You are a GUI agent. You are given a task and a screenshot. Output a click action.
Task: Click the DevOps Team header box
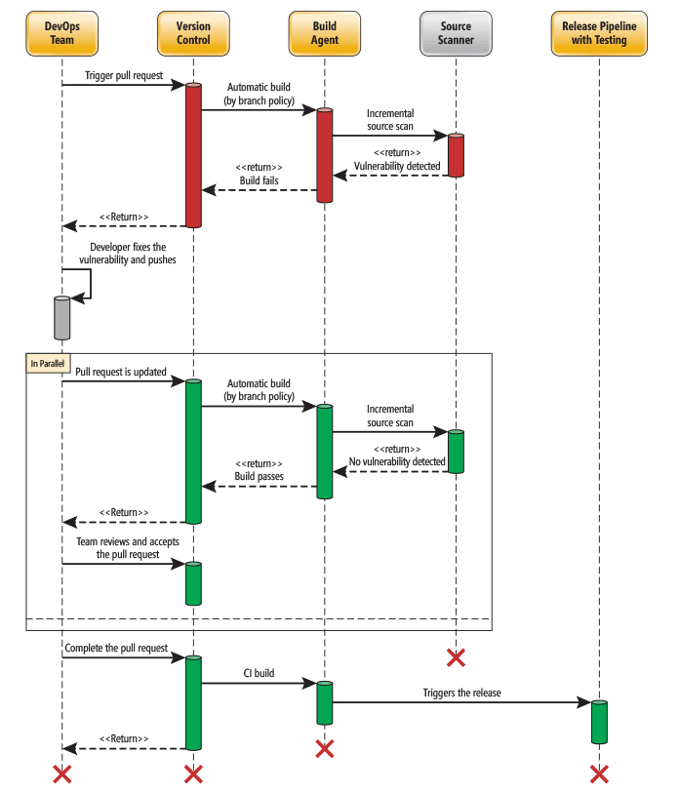[61, 33]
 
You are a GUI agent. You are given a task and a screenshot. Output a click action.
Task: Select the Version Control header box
[193, 33]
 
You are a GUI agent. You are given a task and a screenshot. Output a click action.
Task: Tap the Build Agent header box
[325, 33]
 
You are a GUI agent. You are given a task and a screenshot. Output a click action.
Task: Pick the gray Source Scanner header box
[456, 33]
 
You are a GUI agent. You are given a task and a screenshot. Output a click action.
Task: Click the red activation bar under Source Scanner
[456, 155]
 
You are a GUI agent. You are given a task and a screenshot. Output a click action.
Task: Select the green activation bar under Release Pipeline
[599, 722]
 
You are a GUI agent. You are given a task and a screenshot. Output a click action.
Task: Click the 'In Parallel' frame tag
[47, 362]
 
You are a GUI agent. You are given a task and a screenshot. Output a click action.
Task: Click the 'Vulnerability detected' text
[397, 166]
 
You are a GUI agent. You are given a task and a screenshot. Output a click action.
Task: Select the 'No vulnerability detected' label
[397, 462]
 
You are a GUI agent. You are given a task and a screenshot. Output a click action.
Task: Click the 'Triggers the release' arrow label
[461, 693]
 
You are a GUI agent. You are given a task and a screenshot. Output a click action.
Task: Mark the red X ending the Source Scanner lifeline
[456, 656]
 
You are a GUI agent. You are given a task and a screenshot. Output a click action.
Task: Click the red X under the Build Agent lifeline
[325, 748]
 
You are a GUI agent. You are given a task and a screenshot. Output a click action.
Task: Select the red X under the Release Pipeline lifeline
[599, 773]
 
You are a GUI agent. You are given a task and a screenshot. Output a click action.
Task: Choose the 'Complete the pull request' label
[116, 648]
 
